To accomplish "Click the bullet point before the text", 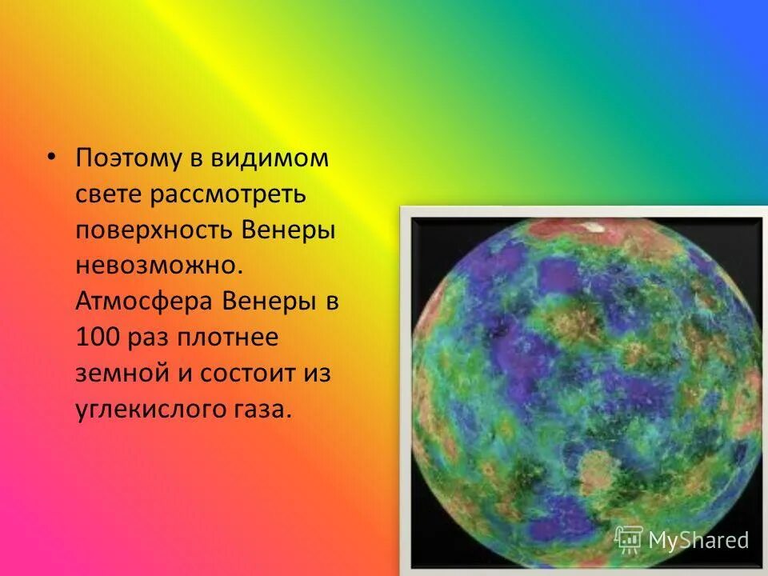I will [53, 156].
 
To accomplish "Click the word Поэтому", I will [130, 158].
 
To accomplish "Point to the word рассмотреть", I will [237, 194].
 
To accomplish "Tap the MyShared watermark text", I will [698, 540].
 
